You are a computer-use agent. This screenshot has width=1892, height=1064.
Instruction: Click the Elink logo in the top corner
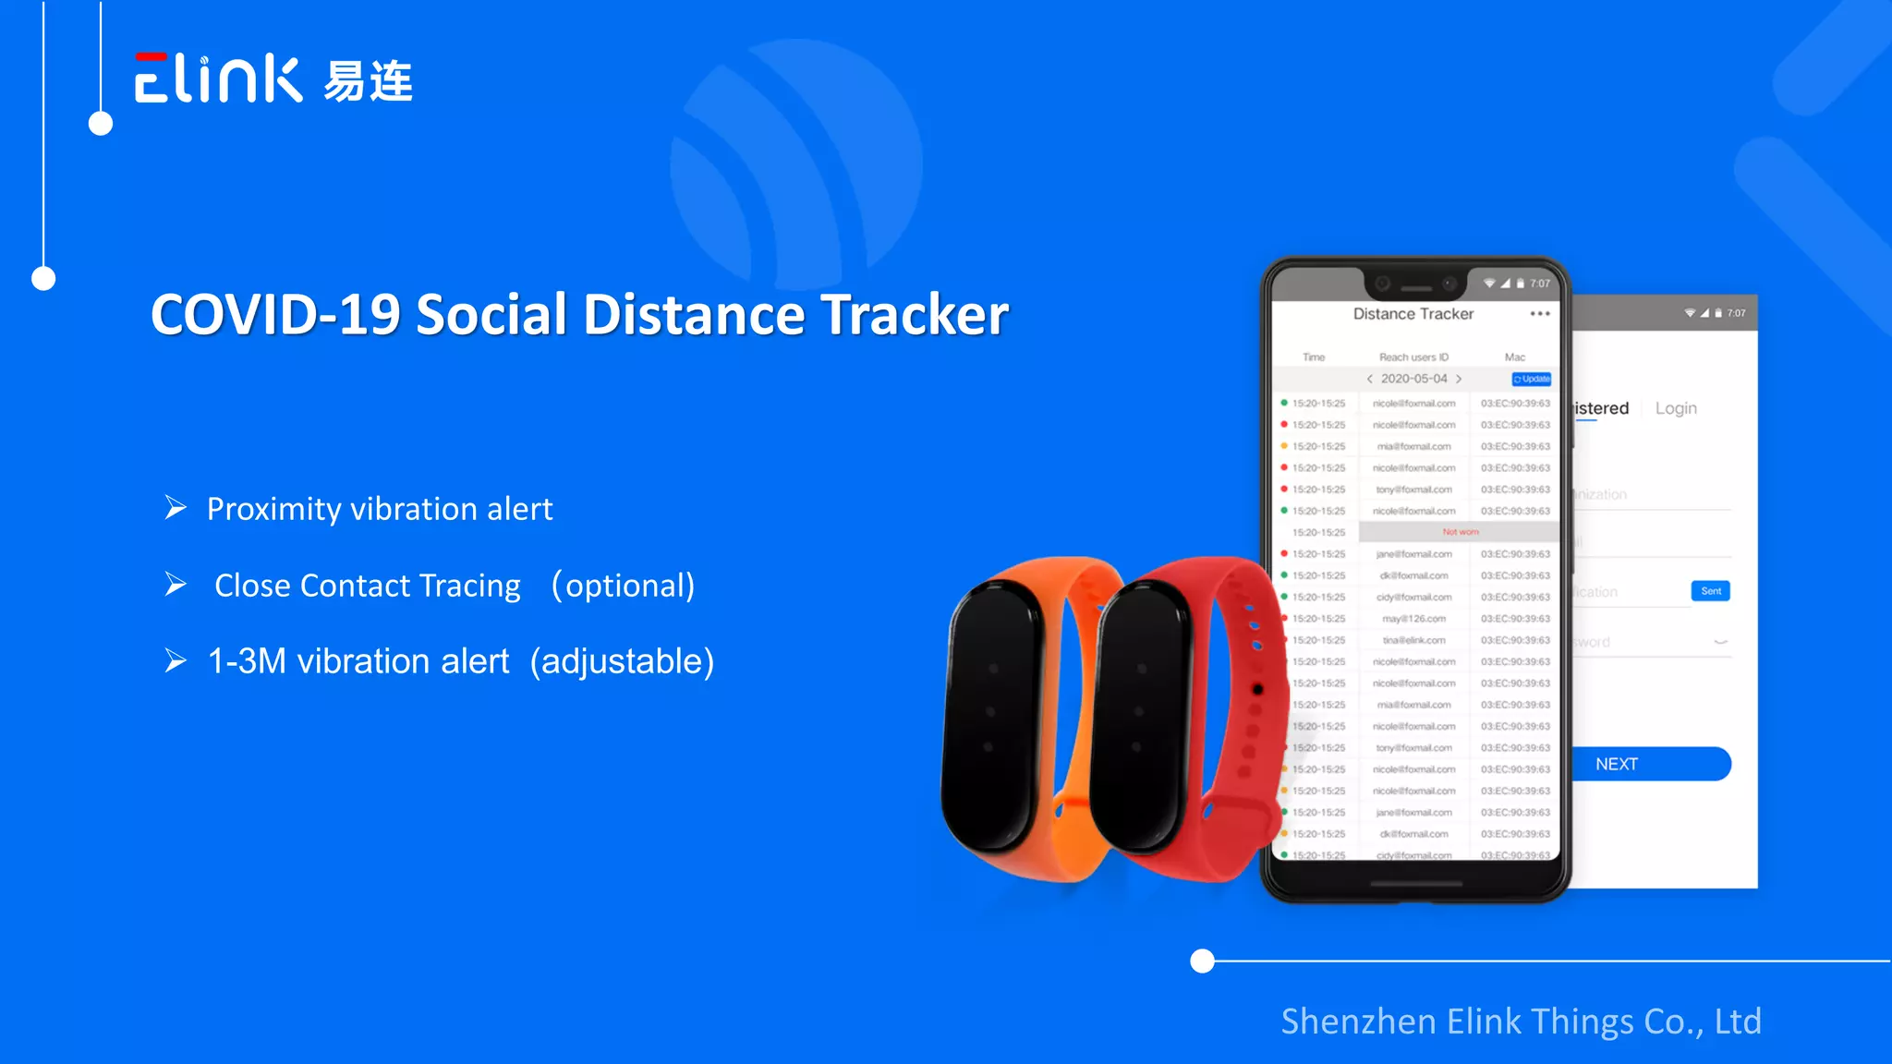(218, 79)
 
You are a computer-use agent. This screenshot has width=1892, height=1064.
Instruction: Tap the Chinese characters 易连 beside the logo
(368, 81)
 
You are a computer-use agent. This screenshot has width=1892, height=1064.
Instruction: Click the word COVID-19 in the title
(275, 315)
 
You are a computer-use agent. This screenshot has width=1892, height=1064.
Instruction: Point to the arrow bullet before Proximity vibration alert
(176, 508)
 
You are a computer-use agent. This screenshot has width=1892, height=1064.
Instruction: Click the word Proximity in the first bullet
(273, 509)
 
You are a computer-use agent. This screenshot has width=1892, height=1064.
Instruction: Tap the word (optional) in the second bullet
(623, 586)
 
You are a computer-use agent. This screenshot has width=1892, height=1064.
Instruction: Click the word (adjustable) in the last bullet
(622, 661)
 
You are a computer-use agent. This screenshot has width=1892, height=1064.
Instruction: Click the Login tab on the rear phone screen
(1676, 408)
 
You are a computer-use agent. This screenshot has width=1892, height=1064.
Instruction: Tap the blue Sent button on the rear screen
(1711, 591)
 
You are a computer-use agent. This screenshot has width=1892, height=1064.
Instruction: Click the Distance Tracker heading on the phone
(1413, 314)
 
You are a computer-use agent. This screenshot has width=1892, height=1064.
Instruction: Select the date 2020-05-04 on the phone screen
(1413, 379)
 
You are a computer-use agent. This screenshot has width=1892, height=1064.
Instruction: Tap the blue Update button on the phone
(1532, 379)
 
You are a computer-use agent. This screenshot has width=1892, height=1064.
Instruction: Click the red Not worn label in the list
(1461, 532)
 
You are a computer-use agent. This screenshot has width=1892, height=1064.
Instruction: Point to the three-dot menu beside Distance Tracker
(1540, 314)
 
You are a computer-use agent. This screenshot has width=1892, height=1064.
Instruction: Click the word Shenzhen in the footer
(1358, 1022)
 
